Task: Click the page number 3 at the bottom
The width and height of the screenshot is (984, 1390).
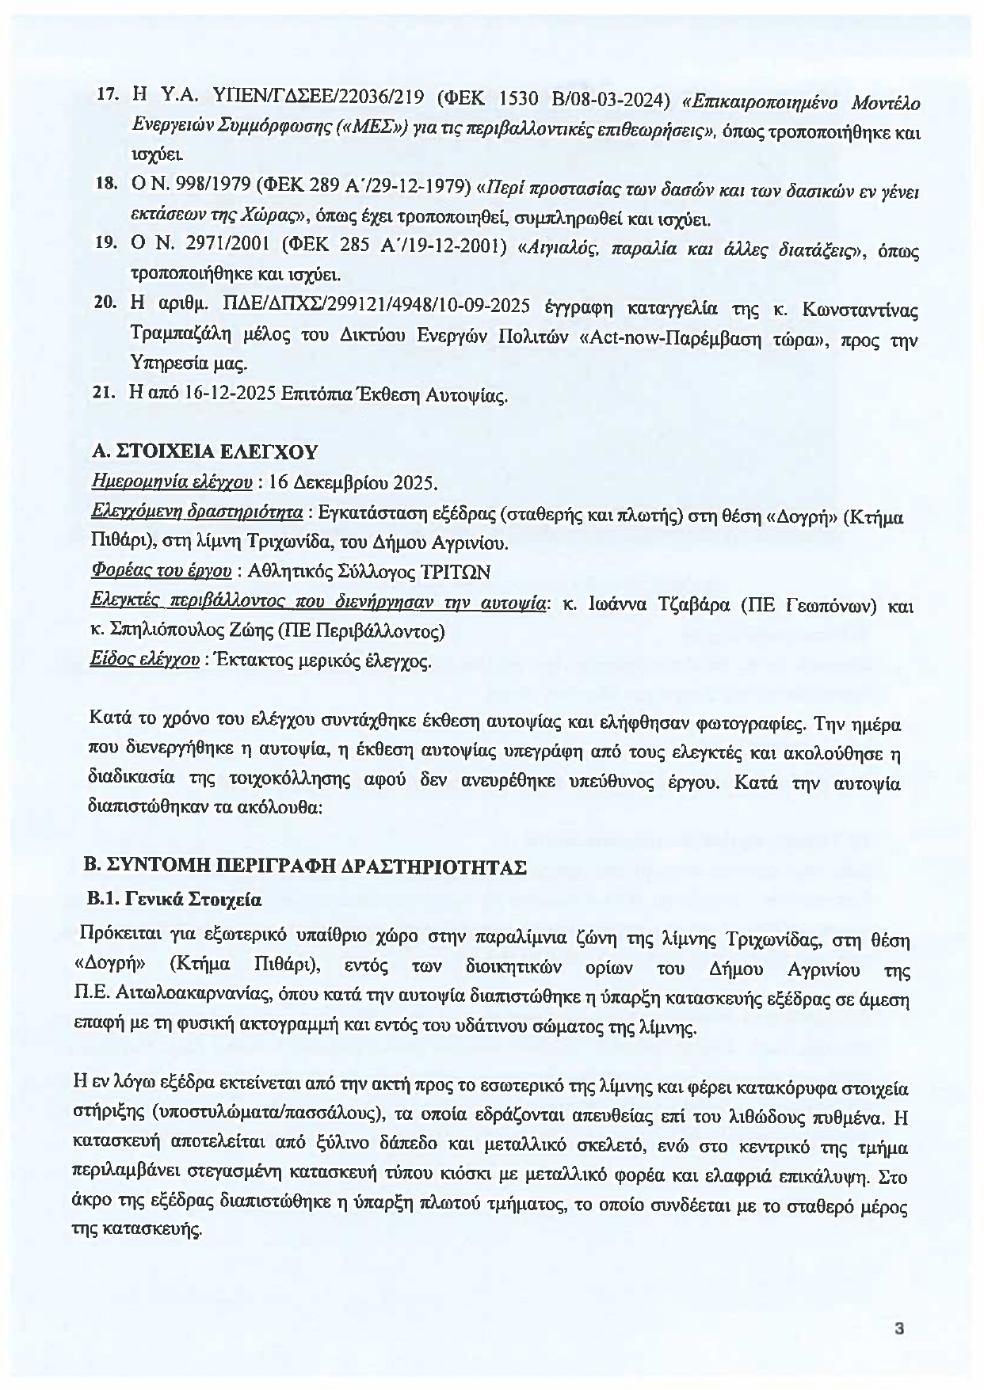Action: pyautogui.click(x=899, y=1328)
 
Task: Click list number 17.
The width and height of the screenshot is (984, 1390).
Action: pyautogui.click(x=107, y=94)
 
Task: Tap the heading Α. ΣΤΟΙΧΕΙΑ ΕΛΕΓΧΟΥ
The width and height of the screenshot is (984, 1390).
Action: pyautogui.click(x=204, y=451)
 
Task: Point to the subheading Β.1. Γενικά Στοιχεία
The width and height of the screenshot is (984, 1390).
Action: pyautogui.click(x=174, y=900)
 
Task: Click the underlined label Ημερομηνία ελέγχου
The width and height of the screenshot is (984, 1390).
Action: pyautogui.click(x=172, y=482)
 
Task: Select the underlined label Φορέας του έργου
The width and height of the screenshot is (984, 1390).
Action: pyautogui.click(x=162, y=570)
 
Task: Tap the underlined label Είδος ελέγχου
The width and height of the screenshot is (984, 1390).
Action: pyautogui.click(x=145, y=659)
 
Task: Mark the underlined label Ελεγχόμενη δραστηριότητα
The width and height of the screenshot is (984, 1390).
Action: pyautogui.click(x=196, y=512)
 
